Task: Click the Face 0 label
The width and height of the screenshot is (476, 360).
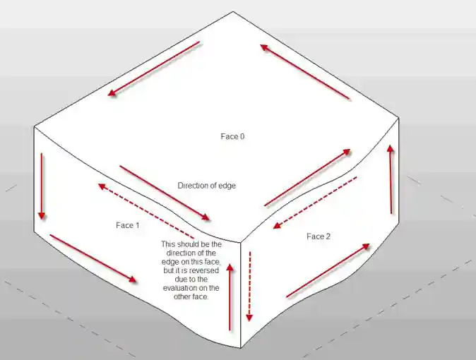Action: click(x=232, y=136)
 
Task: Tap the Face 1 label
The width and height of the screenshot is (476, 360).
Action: click(x=128, y=225)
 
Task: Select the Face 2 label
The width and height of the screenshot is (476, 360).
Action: click(x=319, y=236)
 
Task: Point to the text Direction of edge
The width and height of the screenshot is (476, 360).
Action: click(x=206, y=186)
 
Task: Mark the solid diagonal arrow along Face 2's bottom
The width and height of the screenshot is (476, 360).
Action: click(x=328, y=270)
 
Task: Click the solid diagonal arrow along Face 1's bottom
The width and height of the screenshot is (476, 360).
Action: click(x=93, y=259)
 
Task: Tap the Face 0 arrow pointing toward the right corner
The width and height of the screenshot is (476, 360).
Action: click(x=308, y=177)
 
